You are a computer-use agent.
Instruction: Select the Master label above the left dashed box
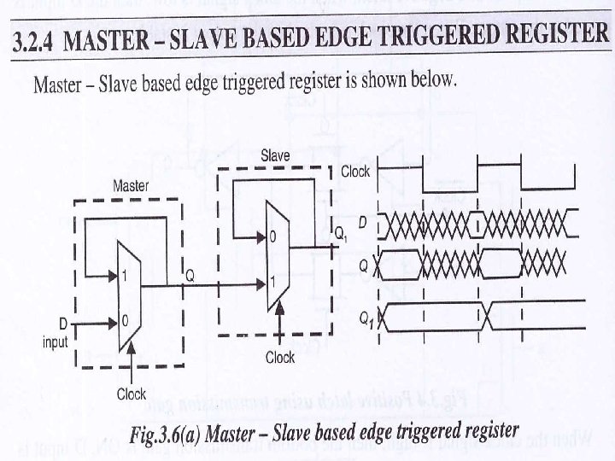(x=131, y=185)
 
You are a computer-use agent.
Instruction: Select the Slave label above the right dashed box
(x=275, y=155)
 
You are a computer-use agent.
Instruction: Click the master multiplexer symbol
(x=127, y=298)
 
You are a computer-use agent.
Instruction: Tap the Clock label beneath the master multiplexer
(x=132, y=394)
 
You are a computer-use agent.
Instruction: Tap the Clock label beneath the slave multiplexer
(x=280, y=357)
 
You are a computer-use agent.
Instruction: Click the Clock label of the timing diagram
(x=355, y=172)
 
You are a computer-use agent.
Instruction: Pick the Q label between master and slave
(x=191, y=277)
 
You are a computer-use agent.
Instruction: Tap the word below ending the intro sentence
(x=436, y=81)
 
